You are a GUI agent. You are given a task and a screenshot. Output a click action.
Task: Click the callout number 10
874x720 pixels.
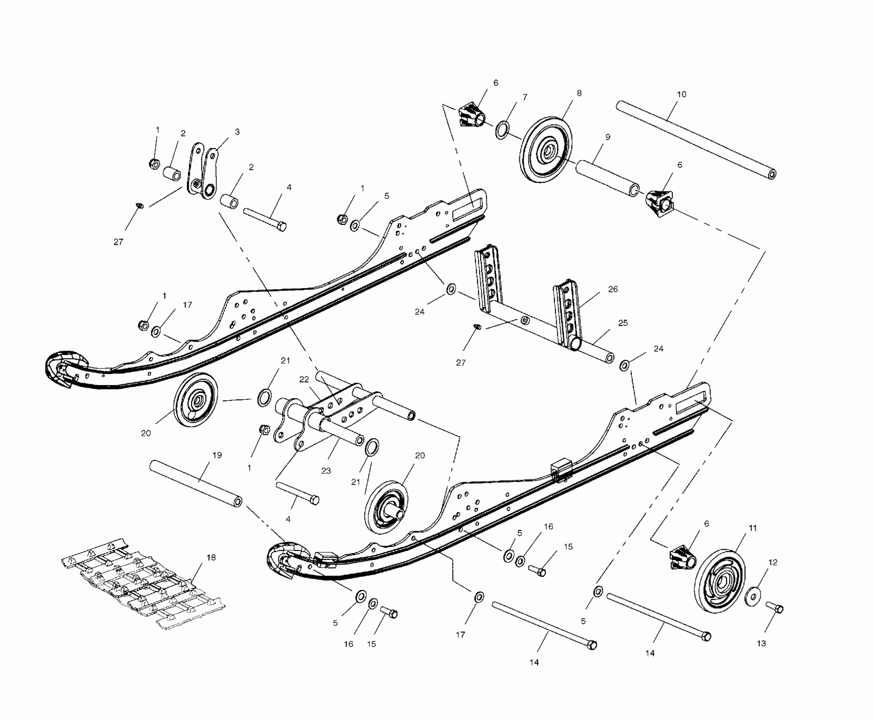tap(681, 94)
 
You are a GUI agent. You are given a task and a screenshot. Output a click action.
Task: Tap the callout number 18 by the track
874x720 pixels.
tap(210, 558)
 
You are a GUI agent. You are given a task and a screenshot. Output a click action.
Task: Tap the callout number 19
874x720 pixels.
tap(217, 455)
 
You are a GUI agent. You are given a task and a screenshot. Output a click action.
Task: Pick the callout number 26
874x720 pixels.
tap(613, 289)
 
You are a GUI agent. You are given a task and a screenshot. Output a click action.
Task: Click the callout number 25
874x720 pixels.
tap(623, 323)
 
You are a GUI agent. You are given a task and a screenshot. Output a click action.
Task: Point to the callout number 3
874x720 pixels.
tap(237, 132)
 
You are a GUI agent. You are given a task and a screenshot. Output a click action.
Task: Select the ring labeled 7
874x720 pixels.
tap(502, 130)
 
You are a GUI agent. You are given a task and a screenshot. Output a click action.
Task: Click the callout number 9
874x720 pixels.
tap(607, 137)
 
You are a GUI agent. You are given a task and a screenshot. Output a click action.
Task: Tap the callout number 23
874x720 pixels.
tap(325, 471)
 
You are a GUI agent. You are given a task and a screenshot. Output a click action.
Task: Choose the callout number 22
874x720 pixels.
tap(304, 379)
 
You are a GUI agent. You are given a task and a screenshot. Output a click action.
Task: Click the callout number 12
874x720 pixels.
tap(773, 562)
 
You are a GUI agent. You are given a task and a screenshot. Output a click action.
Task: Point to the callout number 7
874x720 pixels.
tap(525, 97)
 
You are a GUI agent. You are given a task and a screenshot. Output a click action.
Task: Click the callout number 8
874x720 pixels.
tap(579, 93)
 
